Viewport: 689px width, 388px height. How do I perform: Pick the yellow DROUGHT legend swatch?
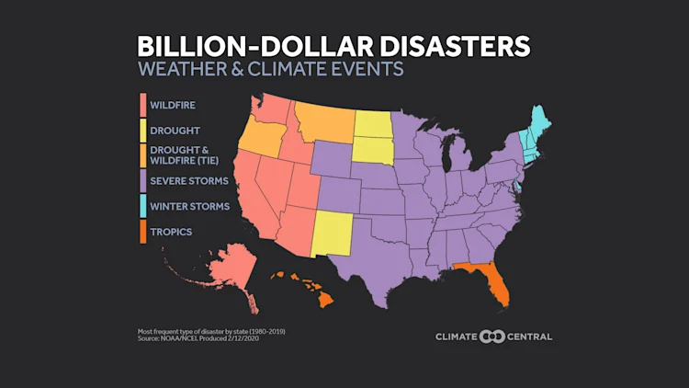(x=142, y=131)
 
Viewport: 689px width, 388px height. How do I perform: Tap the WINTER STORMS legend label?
(x=191, y=206)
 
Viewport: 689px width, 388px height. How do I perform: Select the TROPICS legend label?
(x=172, y=231)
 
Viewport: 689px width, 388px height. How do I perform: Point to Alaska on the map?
(x=224, y=271)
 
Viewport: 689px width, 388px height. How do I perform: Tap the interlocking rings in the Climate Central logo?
(x=494, y=336)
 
